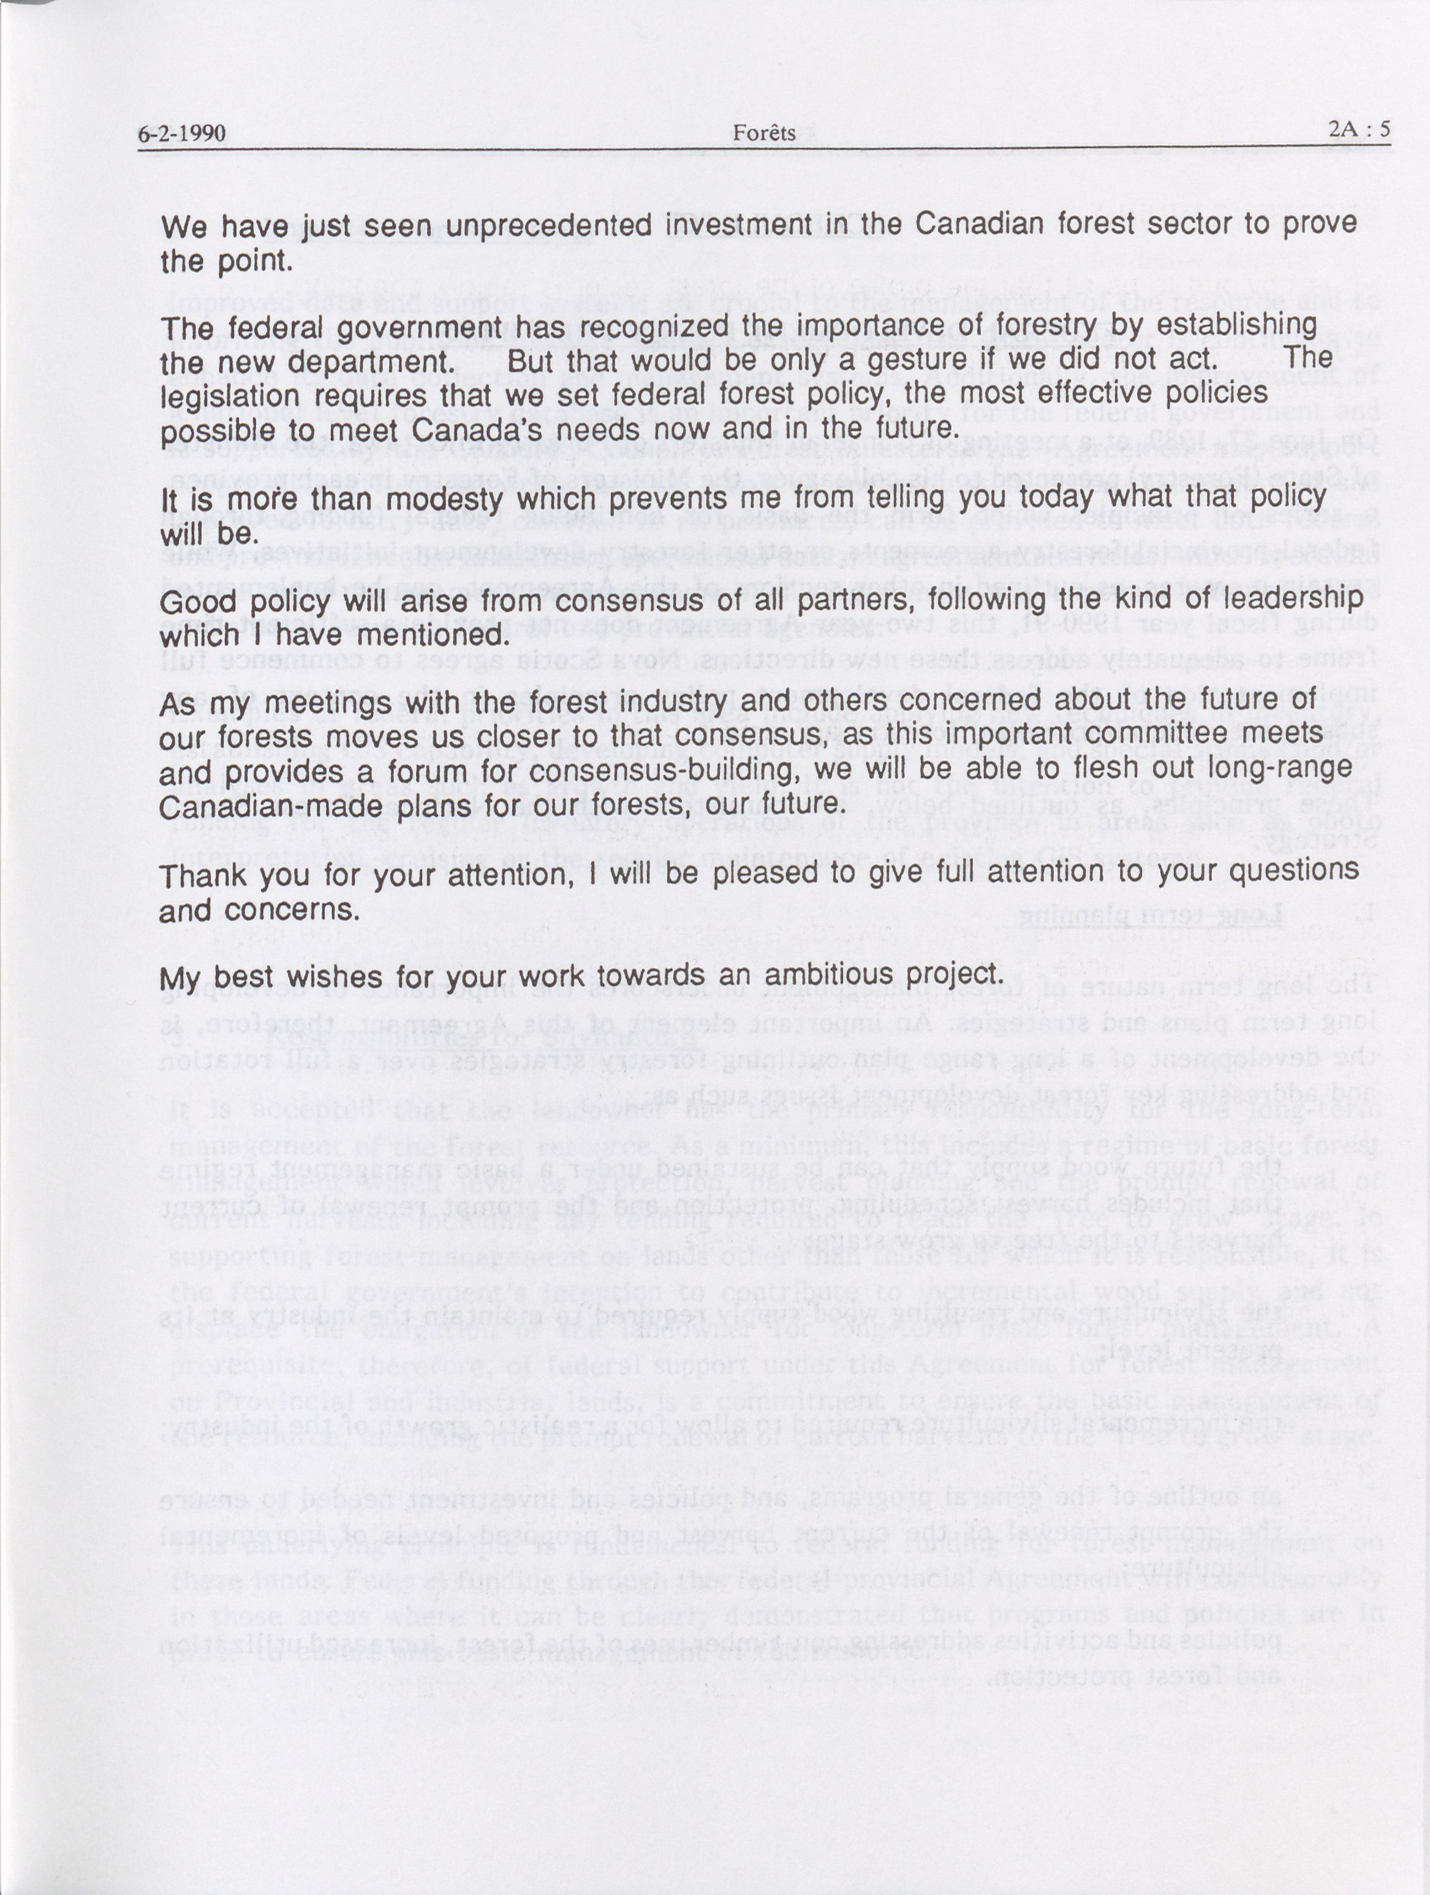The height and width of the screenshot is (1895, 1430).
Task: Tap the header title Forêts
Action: [763, 133]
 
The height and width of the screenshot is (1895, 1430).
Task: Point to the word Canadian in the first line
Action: [979, 224]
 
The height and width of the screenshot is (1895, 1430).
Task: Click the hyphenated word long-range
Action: [1276, 768]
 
